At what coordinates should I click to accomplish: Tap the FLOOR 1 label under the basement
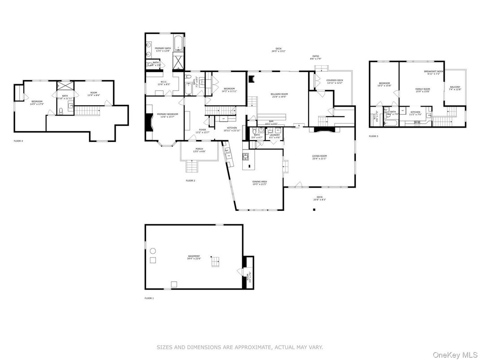(x=149, y=298)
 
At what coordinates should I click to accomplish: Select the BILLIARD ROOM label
(x=279, y=94)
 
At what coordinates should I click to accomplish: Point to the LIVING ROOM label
(x=320, y=156)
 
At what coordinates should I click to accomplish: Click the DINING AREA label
(x=260, y=182)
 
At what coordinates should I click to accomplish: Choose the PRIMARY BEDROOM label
(x=167, y=114)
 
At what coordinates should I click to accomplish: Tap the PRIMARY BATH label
(x=163, y=48)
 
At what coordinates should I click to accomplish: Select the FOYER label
(x=202, y=130)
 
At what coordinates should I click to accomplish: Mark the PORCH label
(x=199, y=149)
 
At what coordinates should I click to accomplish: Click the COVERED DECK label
(x=334, y=80)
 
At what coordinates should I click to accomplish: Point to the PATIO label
(x=316, y=56)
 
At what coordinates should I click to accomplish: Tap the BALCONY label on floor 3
(x=455, y=87)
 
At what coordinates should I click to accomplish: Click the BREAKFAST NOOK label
(x=433, y=72)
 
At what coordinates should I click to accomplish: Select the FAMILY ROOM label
(x=422, y=89)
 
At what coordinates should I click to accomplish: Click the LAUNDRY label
(x=274, y=135)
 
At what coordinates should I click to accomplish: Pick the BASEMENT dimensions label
(x=194, y=258)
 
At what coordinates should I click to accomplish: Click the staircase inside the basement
(x=216, y=262)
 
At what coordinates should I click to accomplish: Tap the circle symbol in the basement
(x=153, y=250)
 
